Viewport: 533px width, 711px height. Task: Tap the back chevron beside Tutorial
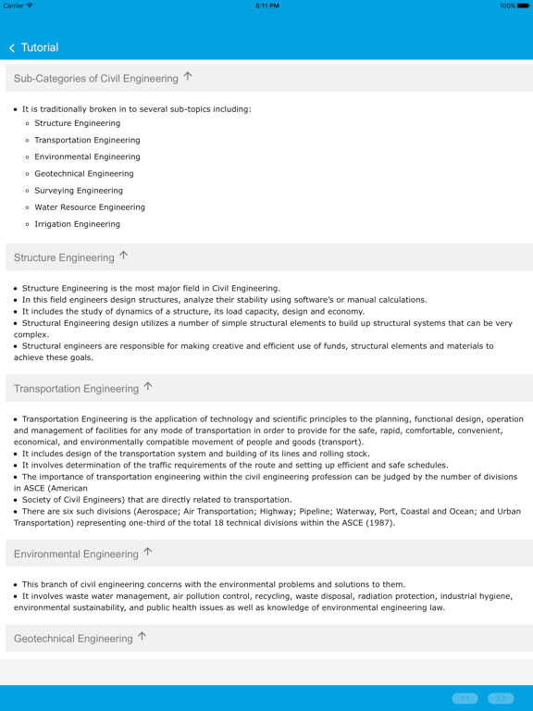[12, 48]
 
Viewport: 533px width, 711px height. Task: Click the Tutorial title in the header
[40, 47]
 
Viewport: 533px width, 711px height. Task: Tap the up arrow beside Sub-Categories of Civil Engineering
[189, 77]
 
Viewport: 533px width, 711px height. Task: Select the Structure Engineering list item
[77, 123]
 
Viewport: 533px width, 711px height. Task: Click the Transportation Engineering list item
[87, 140]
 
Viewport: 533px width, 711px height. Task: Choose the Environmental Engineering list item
[87, 156]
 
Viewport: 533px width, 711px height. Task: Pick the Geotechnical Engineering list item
[83, 173]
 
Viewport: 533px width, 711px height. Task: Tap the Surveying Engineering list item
[79, 191]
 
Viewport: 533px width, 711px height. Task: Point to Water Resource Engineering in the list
[90, 207]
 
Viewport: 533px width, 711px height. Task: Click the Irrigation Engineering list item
[77, 224]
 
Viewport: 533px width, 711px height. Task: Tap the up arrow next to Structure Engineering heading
[124, 256]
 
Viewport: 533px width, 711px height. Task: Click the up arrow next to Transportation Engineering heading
[148, 387]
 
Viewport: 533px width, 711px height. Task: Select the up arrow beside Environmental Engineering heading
[148, 553]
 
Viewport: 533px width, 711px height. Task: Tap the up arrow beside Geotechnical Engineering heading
[143, 637]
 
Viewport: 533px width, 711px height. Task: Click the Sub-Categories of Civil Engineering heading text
[95, 79]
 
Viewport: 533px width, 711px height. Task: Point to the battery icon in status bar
[523, 6]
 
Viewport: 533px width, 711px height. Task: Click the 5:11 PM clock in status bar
[266, 6]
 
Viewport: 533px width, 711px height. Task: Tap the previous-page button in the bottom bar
[465, 698]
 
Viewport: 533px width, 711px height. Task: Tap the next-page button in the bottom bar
[501, 698]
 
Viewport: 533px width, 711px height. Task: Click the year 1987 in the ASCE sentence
[379, 523]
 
